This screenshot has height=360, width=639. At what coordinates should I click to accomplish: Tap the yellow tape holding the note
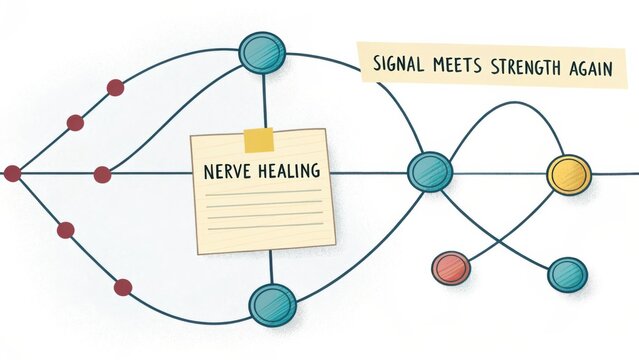click(x=258, y=139)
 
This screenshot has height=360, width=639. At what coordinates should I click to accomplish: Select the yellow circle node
click(x=569, y=175)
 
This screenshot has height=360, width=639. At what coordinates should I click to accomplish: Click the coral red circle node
click(x=450, y=267)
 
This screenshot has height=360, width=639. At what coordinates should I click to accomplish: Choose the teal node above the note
click(x=263, y=52)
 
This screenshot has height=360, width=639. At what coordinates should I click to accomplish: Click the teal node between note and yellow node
click(x=430, y=171)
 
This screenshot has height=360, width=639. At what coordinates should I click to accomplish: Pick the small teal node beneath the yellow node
click(x=567, y=273)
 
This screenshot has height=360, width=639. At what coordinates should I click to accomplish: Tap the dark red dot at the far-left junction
click(x=12, y=174)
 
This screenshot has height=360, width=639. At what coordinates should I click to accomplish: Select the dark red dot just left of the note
click(x=102, y=175)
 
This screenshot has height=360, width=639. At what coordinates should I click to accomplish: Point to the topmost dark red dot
click(x=115, y=87)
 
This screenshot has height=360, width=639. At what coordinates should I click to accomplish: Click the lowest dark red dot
click(x=122, y=287)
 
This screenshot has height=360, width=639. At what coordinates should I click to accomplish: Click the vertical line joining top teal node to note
click(x=264, y=100)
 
